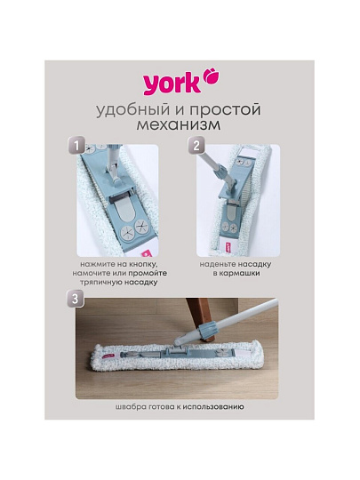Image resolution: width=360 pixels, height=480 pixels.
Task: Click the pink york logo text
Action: (x=172, y=84)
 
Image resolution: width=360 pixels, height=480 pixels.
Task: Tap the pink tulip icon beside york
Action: (x=212, y=76)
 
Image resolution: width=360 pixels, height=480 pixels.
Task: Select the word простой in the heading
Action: (x=225, y=110)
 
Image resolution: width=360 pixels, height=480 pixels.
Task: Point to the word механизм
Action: (x=179, y=125)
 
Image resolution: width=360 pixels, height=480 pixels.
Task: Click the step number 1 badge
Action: (x=76, y=146)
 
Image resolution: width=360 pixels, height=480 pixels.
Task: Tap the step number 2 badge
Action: (x=196, y=146)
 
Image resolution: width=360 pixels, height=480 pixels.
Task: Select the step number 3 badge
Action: (x=75, y=299)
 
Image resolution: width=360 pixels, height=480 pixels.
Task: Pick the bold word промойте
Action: (x=148, y=273)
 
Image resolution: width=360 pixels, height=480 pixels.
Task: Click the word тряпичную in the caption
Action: (x=101, y=283)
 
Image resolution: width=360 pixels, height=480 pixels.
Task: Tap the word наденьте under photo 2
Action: (x=218, y=264)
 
